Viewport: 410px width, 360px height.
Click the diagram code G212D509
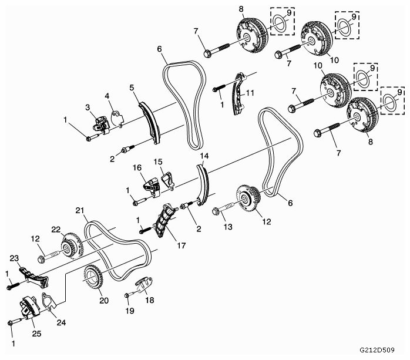pos(377,350)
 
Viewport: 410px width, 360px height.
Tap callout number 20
pos(104,301)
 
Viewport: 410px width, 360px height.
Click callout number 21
pos(79,210)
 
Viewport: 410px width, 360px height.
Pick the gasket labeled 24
pos(49,302)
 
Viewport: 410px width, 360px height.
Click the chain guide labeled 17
pos(164,221)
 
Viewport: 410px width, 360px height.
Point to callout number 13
pos(228,227)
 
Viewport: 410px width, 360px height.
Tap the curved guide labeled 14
pos(203,184)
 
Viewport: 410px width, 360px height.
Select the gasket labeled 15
pos(167,180)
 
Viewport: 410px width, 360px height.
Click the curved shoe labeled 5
pos(150,122)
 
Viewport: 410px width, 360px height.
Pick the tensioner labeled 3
pos(102,125)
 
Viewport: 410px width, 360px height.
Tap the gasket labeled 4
pos(117,119)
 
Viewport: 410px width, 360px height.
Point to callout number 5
pos(132,88)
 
